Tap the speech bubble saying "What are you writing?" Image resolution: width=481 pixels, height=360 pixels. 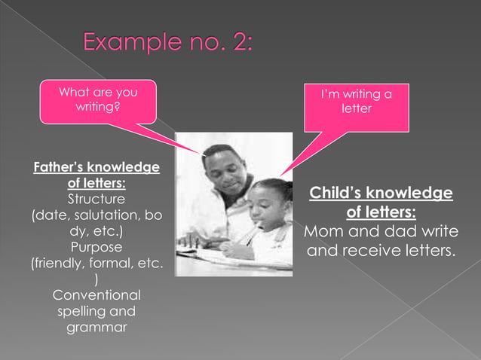pos(98,101)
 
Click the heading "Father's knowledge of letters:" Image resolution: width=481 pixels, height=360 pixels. pos(97,175)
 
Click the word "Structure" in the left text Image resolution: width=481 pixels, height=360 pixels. pos(97,200)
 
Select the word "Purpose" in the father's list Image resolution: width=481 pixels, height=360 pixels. pos(97,246)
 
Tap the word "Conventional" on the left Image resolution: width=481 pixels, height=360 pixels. pos(97,294)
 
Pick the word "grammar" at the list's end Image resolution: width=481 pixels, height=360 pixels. pos(97,328)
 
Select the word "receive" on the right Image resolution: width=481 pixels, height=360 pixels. pos(379,250)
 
